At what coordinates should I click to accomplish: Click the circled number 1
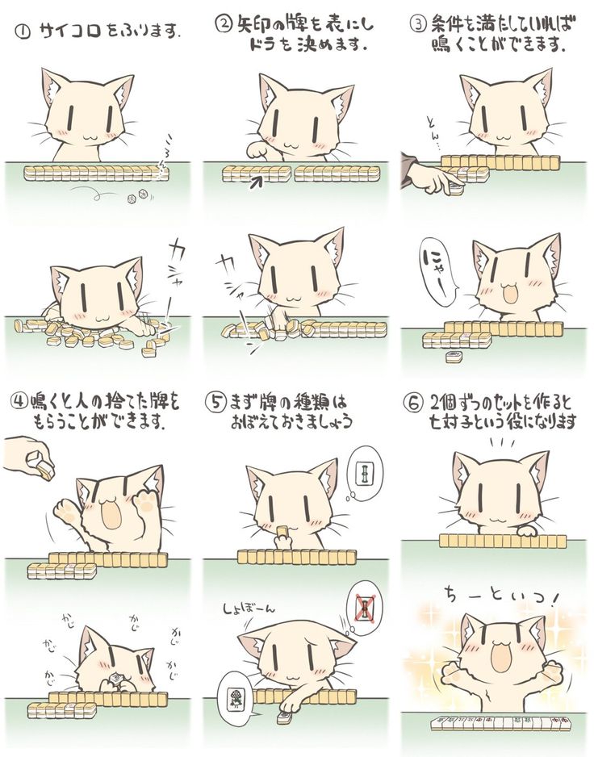coord(24,33)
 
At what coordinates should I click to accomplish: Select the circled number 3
coord(417,23)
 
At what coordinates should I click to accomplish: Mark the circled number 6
coord(414,403)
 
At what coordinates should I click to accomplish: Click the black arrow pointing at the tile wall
coord(257,182)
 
